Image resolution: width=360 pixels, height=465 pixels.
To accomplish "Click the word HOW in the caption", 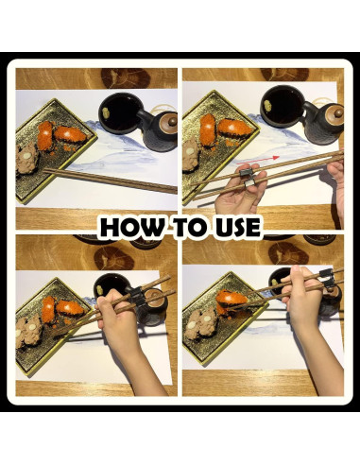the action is click(x=131, y=227).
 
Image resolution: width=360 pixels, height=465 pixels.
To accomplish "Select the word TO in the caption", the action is click(x=190, y=227).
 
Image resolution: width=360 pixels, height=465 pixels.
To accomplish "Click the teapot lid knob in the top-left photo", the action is click(x=172, y=121).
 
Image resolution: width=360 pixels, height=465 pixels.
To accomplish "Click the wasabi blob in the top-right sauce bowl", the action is click(x=268, y=106).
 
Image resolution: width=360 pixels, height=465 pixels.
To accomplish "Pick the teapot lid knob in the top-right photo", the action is click(x=338, y=112).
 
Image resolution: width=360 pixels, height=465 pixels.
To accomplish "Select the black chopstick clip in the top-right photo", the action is click(x=248, y=177).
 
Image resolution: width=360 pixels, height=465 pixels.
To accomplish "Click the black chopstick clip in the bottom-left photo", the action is click(x=137, y=297).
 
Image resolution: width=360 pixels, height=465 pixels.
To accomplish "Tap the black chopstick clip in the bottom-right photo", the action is click(x=328, y=279).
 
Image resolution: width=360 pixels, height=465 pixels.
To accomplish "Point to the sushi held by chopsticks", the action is click(x=232, y=300).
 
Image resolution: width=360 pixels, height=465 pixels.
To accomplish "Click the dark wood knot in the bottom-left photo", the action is click(x=114, y=258).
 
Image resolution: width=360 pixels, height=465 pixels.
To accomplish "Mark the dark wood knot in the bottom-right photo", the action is click(x=288, y=253).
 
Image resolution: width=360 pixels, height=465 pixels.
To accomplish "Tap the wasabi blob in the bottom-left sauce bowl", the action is click(x=101, y=290).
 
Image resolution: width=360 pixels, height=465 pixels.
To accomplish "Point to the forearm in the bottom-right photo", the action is click(x=324, y=359).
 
